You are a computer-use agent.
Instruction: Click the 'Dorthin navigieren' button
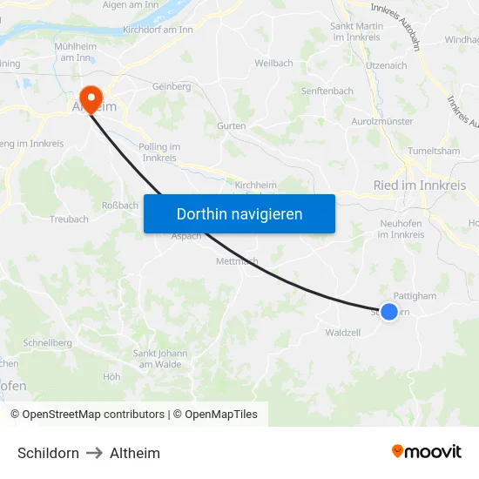click(x=239, y=213)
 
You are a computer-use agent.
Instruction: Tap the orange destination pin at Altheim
click(x=90, y=98)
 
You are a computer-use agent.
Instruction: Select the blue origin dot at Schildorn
click(x=389, y=312)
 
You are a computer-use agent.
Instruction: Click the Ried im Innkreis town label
click(x=419, y=186)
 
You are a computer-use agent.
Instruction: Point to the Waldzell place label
click(x=342, y=333)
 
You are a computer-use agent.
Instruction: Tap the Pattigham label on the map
click(x=415, y=296)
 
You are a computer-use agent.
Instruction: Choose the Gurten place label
click(x=231, y=126)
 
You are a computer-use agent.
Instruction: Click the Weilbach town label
click(x=273, y=64)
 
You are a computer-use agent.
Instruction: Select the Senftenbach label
click(x=327, y=91)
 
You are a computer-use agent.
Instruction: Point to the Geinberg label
click(x=172, y=87)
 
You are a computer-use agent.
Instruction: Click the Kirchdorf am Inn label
click(x=158, y=30)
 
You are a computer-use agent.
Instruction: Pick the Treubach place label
click(x=69, y=219)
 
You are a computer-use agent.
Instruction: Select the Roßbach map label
click(x=120, y=206)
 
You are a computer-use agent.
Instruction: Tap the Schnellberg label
click(x=48, y=343)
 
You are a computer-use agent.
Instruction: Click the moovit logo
click(x=426, y=452)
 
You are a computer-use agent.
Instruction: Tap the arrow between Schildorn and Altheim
click(x=94, y=453)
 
